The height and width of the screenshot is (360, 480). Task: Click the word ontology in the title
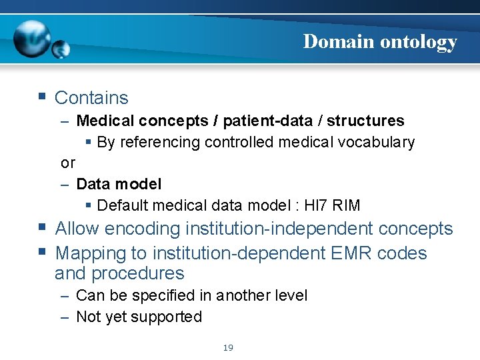pos(419,42)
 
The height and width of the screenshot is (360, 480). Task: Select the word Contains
pos(91,98)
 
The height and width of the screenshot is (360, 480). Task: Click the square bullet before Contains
pos(42,97)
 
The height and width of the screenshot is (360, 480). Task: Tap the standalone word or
pos(68,163)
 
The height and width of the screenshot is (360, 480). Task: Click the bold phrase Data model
pos(119,183)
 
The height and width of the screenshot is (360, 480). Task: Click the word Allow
pos(78,229)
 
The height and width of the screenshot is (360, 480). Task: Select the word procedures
pos(138,273)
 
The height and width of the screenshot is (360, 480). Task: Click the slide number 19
pos(228,347)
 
